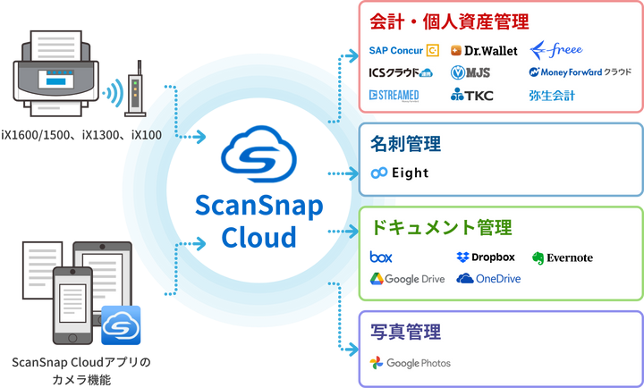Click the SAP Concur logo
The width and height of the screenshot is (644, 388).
(403, 51)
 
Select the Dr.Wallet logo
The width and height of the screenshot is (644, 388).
(484, 51)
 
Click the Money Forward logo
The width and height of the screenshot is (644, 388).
(580, 72)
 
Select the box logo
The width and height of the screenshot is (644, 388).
(381, 257)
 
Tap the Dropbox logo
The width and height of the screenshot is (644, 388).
(486, 257)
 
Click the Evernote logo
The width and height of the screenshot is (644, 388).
(563, 257)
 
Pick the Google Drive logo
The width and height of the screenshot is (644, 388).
(408, 279)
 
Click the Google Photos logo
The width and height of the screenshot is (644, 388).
(411, 363)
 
